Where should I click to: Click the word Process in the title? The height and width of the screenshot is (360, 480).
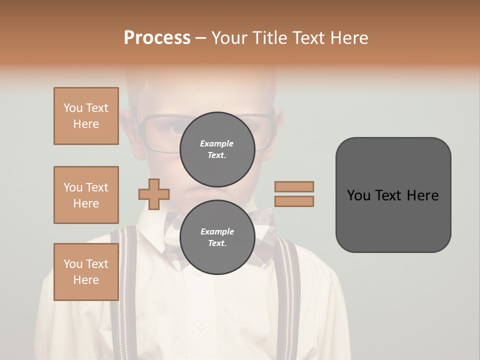(157, 38)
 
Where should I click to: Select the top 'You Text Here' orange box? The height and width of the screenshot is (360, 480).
(86, 116)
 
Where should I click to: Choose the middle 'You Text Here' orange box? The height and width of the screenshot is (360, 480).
(86, 195)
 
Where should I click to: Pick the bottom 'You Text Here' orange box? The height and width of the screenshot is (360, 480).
(86, 272)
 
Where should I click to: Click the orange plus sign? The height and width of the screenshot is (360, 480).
(154, 194)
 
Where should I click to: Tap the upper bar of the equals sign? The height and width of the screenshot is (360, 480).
(294, 186)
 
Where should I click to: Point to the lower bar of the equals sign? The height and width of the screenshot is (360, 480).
(294, 201)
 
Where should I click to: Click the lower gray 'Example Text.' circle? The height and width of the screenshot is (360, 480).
(217, 237)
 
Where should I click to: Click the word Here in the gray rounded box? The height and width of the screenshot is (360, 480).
(422, 195)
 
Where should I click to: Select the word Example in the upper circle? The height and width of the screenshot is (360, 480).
(217, 143)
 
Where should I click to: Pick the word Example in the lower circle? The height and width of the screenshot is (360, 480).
(217, 231)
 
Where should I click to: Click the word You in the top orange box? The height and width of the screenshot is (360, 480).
(72, 108)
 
